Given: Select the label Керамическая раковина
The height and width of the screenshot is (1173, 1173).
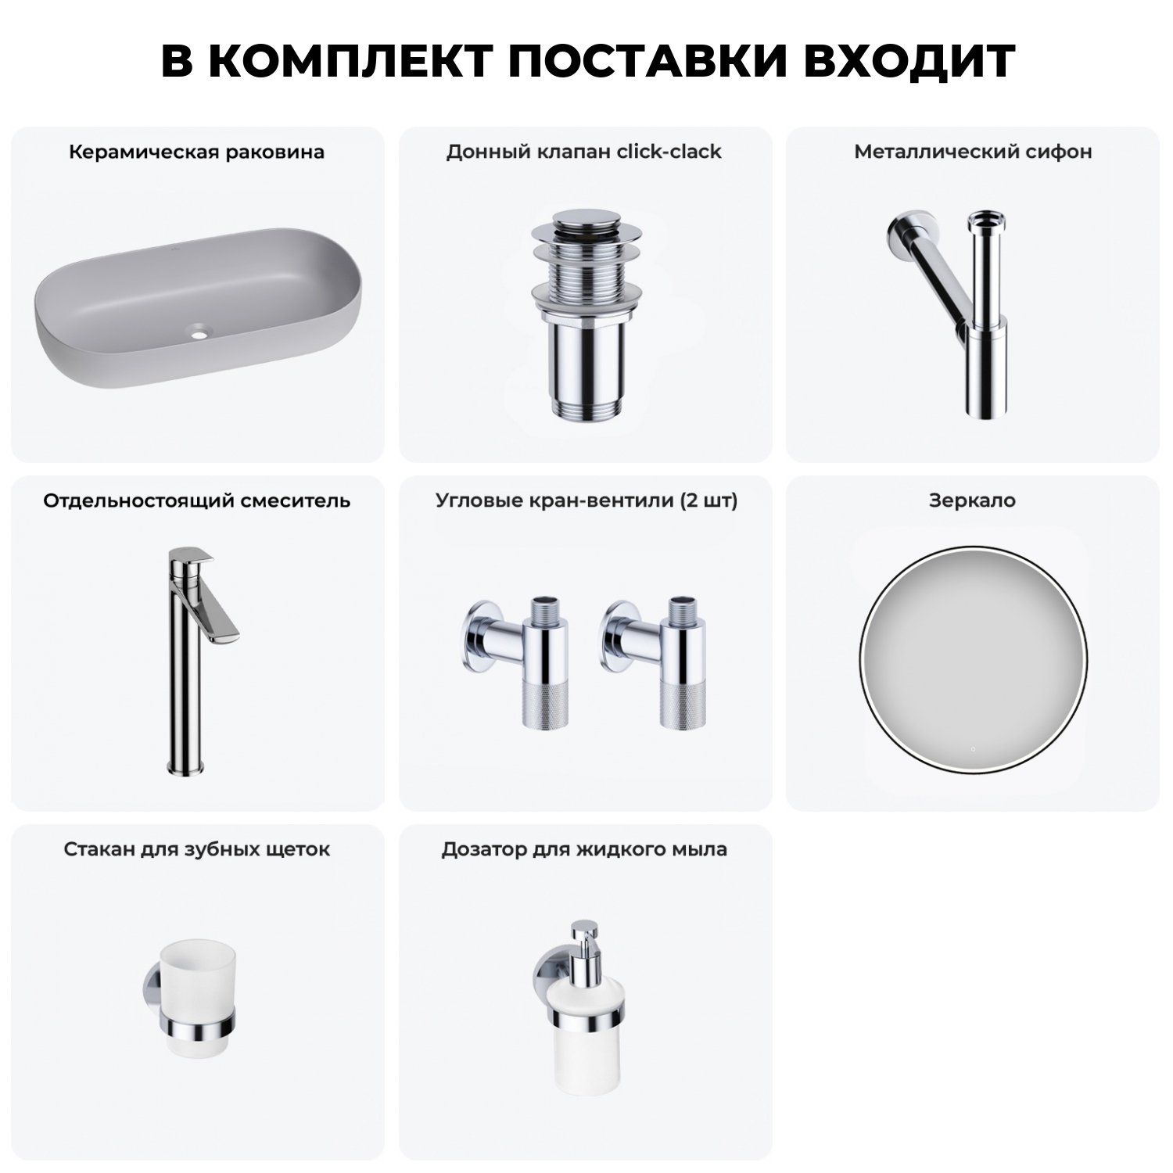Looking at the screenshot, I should (x=196, y=152).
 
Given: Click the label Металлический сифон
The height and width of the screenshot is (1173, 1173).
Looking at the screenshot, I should (x=973, y=152).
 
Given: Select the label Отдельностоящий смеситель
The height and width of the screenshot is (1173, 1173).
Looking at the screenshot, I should (x=196, y=500).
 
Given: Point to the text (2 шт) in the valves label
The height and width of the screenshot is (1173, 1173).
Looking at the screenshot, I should (x=708, y=500).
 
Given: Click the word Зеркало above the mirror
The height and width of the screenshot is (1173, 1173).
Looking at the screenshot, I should (x=972, y=500).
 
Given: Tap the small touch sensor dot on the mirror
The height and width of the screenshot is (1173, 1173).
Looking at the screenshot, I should (x=973, y=749).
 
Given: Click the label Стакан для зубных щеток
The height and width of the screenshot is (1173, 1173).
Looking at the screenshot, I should (x=196, y=849).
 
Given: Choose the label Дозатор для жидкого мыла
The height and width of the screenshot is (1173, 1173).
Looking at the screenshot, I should (x=584, y=849).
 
